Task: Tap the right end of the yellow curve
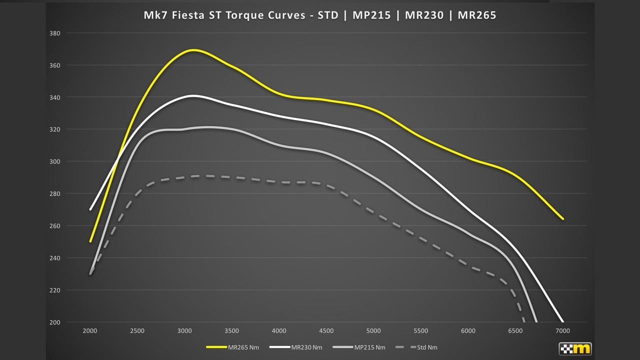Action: point(562,218)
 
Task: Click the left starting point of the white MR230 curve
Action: point(90,209)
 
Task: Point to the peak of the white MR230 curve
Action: point(193,95)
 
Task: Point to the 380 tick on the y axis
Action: point(54,33)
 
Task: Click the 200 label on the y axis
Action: point(54,322)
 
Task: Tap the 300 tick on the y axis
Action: point(54,161)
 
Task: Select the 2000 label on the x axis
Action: point(90,331)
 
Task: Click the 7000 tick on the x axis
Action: point(563,331)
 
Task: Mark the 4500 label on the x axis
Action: point(326,331)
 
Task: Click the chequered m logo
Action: point(575,348)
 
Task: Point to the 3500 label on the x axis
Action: point(232,331)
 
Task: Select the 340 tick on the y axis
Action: point(54,97)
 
